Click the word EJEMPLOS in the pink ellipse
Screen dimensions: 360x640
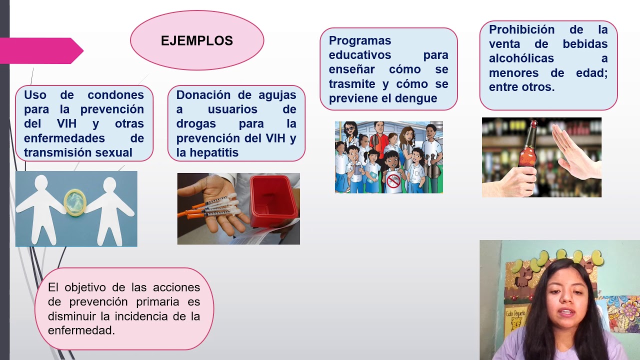pos(197,41)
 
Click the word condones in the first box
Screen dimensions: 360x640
pos(115,95)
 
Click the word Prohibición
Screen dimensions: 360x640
pos(521,29)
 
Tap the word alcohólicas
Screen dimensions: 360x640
pos(521,58)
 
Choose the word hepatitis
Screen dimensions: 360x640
pos(214,153)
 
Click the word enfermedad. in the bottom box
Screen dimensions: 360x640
pos(81,330)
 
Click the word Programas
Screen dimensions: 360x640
pos(360,40)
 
